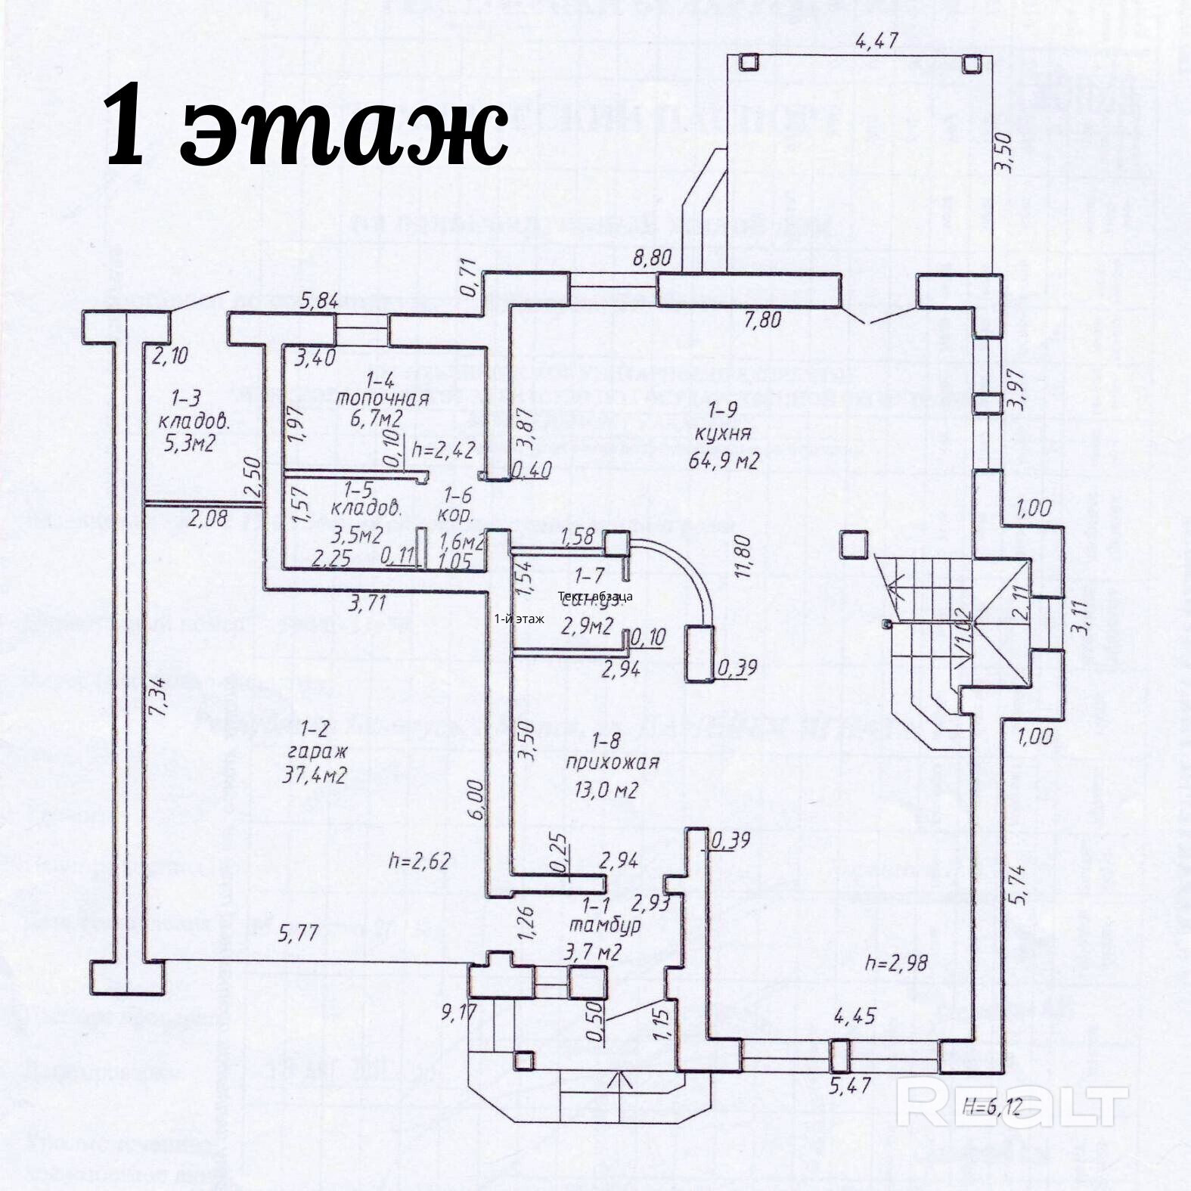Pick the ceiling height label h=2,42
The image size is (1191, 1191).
point(444,451)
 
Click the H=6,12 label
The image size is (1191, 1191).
point(991,1108)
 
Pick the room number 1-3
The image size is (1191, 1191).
point(185,396)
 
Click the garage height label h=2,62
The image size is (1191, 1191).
point(419,861)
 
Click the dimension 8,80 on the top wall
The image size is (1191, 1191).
point(651,257)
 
